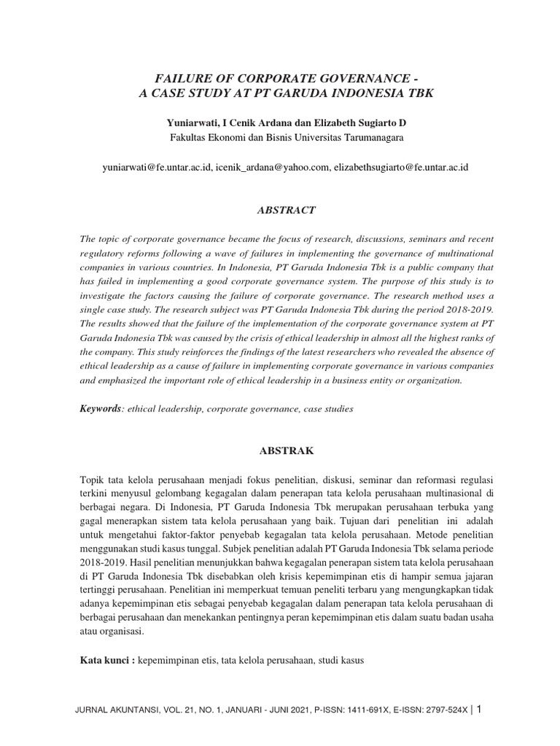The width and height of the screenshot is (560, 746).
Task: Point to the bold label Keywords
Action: click(x=99, y=409)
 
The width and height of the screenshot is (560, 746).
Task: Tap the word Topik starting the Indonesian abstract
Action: click(x=93, y=479)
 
